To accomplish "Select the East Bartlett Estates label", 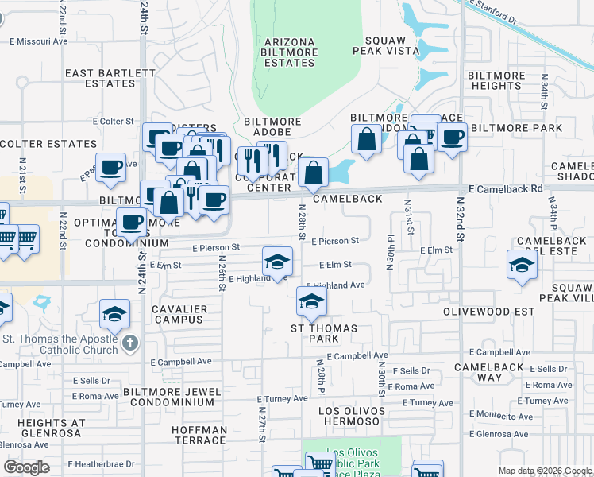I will (110, 78).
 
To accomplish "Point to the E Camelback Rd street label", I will (505, 189).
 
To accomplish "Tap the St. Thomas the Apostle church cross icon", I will (131, 344).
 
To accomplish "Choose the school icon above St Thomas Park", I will (311, 301).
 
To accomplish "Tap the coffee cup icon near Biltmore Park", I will (452, 136).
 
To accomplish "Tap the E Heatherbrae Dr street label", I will (102, 463).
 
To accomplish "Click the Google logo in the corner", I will (26, 467).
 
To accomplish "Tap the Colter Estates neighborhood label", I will (48, 144).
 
